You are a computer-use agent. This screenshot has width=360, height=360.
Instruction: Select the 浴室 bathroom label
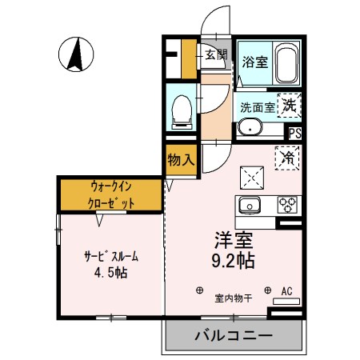pos(257,60)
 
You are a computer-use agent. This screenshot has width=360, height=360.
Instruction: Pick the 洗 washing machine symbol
pos(290,104)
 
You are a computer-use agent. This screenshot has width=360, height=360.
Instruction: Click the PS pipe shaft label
pos(294,134)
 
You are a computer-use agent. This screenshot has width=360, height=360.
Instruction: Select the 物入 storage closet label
pos(181,160)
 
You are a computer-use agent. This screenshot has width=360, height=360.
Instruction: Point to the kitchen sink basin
pos(250,205)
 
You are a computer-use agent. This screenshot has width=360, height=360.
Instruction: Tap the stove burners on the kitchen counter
pos(286,205)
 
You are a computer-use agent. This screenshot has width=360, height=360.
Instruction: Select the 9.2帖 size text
pos(232,261)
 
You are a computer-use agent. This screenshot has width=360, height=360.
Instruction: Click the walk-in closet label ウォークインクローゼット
pos(111,194)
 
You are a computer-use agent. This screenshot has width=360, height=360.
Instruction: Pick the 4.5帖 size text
pos(111,271)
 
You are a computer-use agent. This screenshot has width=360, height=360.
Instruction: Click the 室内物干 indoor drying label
pos(234,299)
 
